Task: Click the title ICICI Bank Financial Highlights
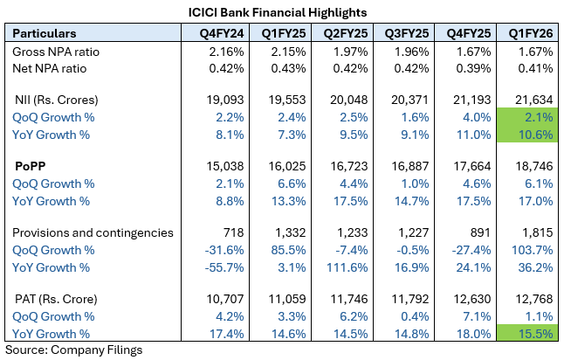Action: click(x=278, y=11)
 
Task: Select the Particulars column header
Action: click(x=45, y=32)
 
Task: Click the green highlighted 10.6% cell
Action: click(x=533, y=134)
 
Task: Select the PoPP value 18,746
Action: click(x=533, y=166)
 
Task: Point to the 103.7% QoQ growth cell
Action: click(x=533, y=250)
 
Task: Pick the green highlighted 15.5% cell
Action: click(x=533, y=333)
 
